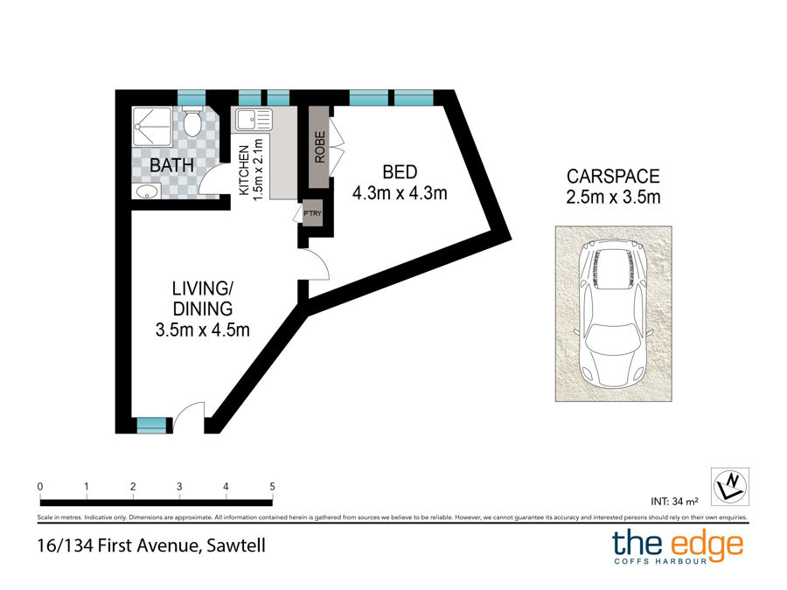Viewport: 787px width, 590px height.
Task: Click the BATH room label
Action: point(171,165)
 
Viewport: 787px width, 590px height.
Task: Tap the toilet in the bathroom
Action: point(192,121)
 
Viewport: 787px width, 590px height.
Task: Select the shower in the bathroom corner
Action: point(152,127)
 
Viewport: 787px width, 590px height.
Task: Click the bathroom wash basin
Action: point(147,191)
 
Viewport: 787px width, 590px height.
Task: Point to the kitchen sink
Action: point(254,120)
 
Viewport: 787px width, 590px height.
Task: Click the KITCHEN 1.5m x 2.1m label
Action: point(250,170)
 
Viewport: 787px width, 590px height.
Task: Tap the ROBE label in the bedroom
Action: point(320,147)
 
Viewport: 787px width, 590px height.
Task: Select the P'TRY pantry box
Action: point(312,213)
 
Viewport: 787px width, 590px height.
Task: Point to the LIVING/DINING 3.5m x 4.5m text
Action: point(203,309)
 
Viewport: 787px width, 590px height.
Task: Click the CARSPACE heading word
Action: point(613,177)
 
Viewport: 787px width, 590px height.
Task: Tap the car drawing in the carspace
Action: point(613,314)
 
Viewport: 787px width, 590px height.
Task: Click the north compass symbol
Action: point(730,487)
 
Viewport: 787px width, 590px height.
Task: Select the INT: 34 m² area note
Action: point(674,501)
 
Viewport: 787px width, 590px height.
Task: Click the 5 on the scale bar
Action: point(272,486)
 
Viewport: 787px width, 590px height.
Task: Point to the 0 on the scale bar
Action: point(40,486)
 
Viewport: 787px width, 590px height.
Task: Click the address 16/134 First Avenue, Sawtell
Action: point(151,545)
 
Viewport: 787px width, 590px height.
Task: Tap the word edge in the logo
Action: point(707,545)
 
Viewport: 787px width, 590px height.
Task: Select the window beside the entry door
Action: point(151,426)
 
